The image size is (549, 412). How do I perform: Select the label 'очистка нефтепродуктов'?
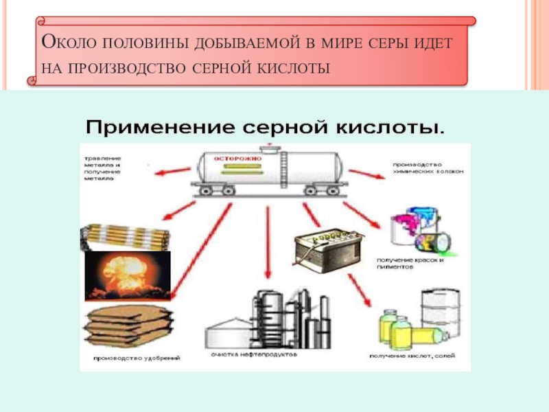253,356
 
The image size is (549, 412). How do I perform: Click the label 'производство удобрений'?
130,358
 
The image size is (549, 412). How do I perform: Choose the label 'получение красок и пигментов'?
411,262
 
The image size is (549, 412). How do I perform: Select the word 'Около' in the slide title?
69,43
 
